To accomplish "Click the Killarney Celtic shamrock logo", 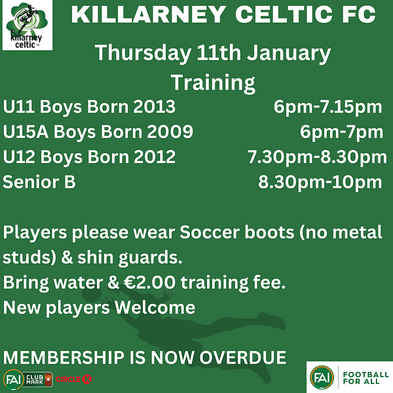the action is pos(28,25).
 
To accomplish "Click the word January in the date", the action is pos(289,54).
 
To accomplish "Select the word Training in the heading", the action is pos(213,83).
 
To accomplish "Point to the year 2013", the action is pos(154,107).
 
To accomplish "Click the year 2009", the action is pos(170,132).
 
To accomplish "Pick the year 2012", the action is pos(155,157).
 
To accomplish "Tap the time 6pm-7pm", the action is pos(341,133).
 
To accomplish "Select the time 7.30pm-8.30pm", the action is pos(317,158).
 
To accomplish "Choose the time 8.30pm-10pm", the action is pos(320,183).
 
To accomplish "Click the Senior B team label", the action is pos(39,182).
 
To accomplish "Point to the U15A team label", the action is pos(26,132).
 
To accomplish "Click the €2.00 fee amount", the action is pos(149,282).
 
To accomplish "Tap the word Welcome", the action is pos(155,308).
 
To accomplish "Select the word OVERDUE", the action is pos(242,358).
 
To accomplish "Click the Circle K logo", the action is pos(73,379).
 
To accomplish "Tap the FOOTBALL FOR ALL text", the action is pos(365,378).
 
